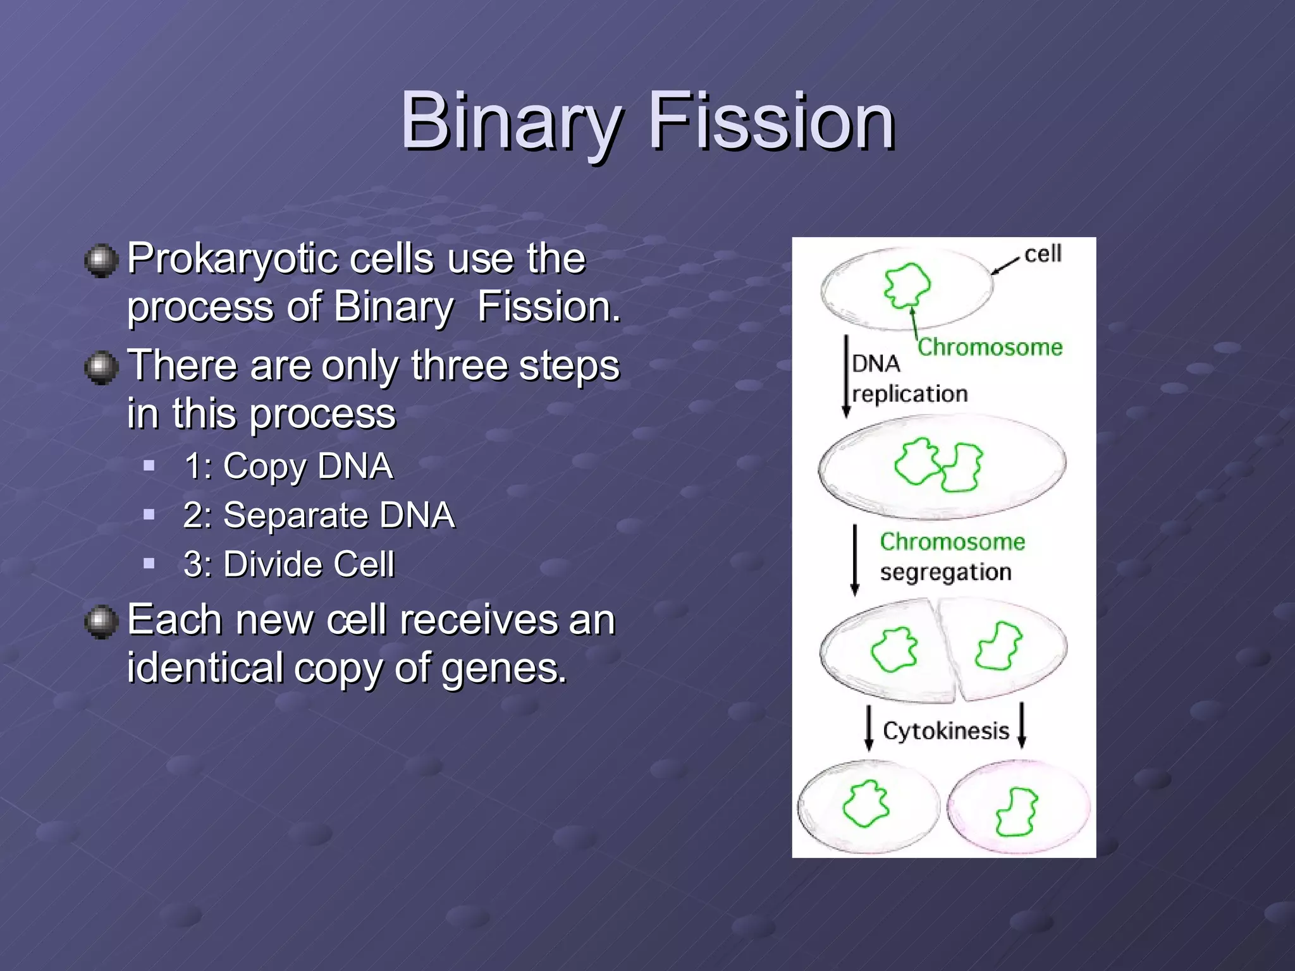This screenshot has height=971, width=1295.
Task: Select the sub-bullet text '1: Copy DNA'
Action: point(288,467)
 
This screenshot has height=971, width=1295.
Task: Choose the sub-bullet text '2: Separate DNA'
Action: point(319,515)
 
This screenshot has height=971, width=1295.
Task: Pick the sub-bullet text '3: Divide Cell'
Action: point(289,564)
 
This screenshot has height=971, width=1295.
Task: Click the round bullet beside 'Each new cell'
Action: point(101,621)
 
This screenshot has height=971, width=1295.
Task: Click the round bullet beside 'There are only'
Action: point(101,367)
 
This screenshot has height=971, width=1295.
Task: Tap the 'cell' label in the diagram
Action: point(1043,254)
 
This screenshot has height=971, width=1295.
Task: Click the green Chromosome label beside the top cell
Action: point(990,347)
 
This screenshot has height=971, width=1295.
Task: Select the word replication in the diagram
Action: point(910,394)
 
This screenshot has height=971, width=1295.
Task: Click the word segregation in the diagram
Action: point(945,572)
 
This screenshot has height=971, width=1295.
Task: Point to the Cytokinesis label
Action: point(946,731)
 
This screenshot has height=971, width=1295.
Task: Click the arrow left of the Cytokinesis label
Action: point(869,727)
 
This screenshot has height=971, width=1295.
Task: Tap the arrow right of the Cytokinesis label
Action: point(1022,726)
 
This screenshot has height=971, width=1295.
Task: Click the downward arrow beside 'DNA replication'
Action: point(847,376)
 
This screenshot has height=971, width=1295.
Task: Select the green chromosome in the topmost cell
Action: point(907,284)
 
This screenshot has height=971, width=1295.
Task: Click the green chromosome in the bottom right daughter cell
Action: point(1017,812)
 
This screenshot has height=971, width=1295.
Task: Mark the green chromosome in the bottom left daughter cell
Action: point(866,803)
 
